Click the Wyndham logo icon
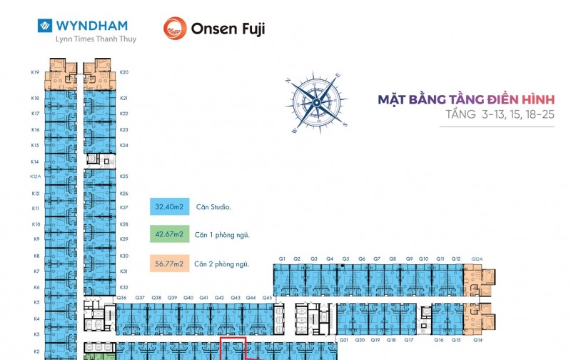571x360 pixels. pos(45,26)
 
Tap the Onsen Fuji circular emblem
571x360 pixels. pos(175,29)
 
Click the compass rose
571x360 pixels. pos(317,102)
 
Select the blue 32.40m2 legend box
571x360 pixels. pos(169,208)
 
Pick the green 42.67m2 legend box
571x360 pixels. pos(169,234)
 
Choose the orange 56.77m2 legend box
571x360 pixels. pos(169,264)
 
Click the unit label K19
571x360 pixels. pos(35,72)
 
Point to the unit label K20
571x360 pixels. pos(124,72)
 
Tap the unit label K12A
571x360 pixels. pos(35,176)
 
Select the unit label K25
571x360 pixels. pos(124,176)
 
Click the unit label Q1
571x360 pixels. pos(282,259)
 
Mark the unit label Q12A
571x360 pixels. pos(477,259)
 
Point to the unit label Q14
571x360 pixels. pos(477,340)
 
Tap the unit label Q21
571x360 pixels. pos(343,340)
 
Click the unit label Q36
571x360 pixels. pos(121,297)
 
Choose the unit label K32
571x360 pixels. pos(124,286)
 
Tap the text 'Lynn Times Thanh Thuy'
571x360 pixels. pos(96,39)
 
